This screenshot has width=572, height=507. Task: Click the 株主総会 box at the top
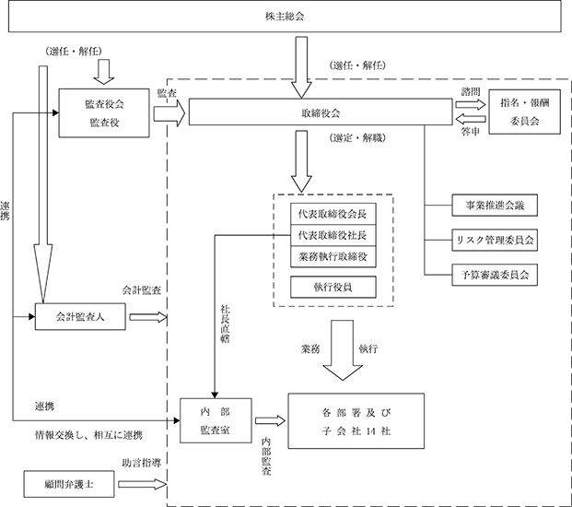[285, 17]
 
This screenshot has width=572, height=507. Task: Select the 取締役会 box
[321, 112]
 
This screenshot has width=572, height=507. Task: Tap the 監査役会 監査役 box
[104, 113]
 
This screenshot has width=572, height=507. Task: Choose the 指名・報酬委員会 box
[525, 112]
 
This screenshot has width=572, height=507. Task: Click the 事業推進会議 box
[495, 206]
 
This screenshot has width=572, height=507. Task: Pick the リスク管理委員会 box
[495, 240]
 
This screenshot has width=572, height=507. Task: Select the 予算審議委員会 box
[495, 275]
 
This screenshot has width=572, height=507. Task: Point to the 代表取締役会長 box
[333, 214]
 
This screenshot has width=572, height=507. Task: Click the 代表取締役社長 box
[333, 235]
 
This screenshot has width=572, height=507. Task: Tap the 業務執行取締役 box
[333, 257]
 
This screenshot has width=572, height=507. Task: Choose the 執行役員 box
[333, 287]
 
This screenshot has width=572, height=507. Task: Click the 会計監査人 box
[80, 316]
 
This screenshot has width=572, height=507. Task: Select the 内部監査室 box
[216, 420]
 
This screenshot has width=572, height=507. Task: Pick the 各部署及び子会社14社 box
[356, 421]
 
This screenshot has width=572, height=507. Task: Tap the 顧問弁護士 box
[69, 484]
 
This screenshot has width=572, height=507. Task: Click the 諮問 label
[471, 91]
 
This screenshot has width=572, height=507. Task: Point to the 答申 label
[471, 132]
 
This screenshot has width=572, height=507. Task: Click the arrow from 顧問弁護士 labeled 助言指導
[142, 484]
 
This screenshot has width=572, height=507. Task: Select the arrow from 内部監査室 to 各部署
[270, 421]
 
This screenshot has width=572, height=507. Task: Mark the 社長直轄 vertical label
[225, 324]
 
